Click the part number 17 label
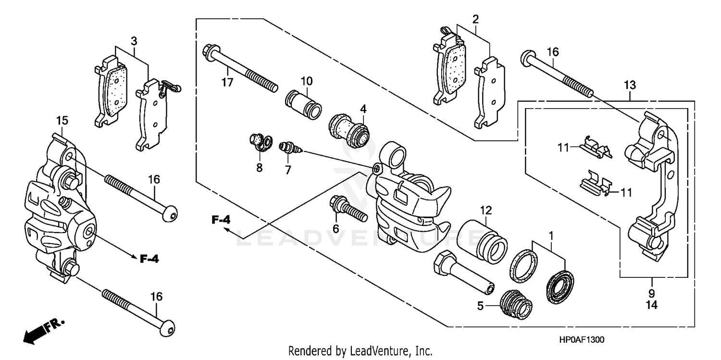pyautogui.click(x=227, y=82)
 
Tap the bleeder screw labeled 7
pyautogui.click(x=290, y=148)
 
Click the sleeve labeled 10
pyautogui.click(x=304, y=104)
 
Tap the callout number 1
pyautogui.click(x=551, y=236)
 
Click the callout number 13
pyautogui.click(x=630, y=85)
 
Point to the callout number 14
pyautogui.click(x=652, y=304)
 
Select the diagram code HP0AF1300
pyautogui.click(x=580, y=339)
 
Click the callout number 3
pyautogui.click(x=134, y=40)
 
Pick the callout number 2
pyautogui.click(x=475, y=20)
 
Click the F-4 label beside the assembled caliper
pyautogui.click(x=149, y=259)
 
